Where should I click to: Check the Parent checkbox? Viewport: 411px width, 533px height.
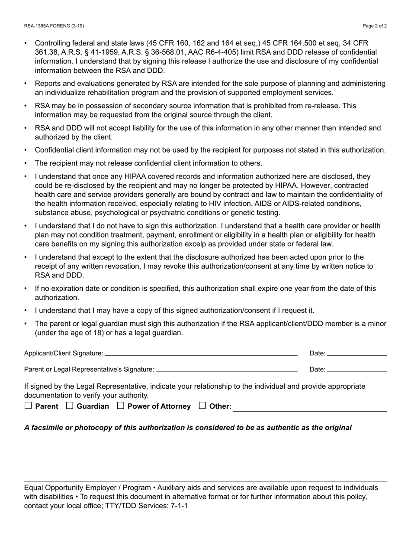[28, 406]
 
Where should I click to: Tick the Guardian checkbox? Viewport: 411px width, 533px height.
[70, 406]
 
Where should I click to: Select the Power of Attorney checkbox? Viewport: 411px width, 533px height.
[121, 406]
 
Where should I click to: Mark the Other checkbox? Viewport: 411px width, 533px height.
[202, 406]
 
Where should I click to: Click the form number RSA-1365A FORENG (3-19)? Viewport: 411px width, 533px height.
[54, 26]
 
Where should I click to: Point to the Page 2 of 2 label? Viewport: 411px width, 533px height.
[375, 26]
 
